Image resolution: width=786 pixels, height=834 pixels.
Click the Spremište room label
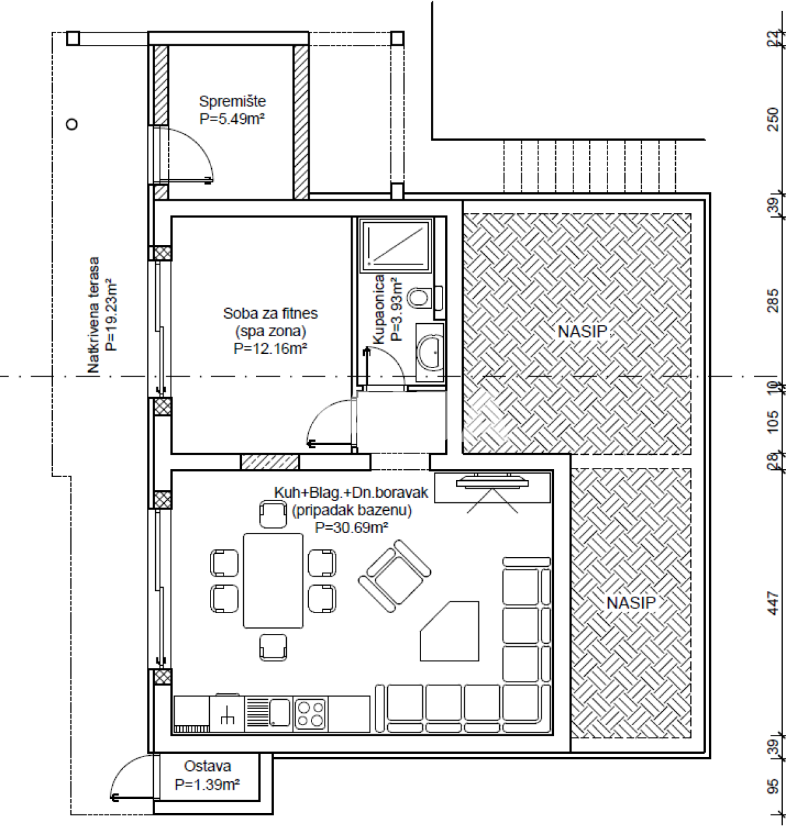click(x=232, y=102)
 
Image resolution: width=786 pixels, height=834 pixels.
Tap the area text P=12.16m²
click(x=270, y=349)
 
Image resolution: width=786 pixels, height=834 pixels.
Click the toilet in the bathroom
click(x=419, y=298)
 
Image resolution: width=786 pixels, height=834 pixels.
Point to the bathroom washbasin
click(x=430, y=351)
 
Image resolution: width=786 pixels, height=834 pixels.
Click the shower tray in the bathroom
click(x=396, y=246)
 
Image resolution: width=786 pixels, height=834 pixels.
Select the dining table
click(x=273, y=581)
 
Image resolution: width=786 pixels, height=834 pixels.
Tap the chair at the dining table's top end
click(x=272, y=514)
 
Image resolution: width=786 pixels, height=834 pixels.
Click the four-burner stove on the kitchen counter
click(x=310, y=713)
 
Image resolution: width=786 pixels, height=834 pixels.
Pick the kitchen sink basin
click(x=280, y=712)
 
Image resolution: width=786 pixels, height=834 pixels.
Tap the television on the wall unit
click(x=493, y=483)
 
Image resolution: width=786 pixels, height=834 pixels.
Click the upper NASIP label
click(x=582, y=331)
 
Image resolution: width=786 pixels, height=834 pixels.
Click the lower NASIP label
click(x=630, y=603)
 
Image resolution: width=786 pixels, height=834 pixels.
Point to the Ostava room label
click(x=207, y=766)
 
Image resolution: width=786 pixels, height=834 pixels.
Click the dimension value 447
click(x=773, y=603)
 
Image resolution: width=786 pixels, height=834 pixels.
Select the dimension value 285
click(x=773, y=300)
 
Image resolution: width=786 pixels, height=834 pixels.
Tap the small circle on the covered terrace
click(x=72, y=124)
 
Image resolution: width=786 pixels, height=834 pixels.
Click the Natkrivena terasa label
click(x=94, y=315)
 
